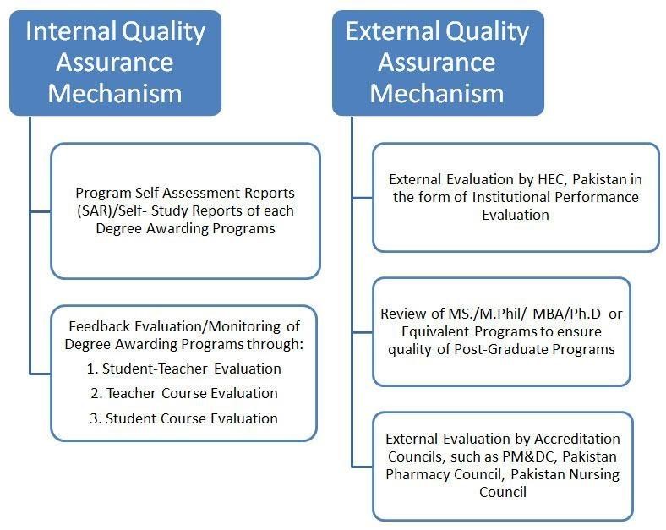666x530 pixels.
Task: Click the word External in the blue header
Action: [x=391, y=31]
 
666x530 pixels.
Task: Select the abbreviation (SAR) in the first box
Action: [x=93, y=210]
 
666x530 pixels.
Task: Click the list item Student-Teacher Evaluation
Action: [x=191, y=369]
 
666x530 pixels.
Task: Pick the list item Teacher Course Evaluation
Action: [x=192, y=393]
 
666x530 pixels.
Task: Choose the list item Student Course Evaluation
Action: [x=192, y=418]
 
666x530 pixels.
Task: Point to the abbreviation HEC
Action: [x=552, y=179]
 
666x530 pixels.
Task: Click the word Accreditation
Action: [x=576, y=439]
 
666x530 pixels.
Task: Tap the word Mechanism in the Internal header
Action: [x=115, y=94]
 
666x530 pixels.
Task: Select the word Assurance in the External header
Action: [x=437, y=63]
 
